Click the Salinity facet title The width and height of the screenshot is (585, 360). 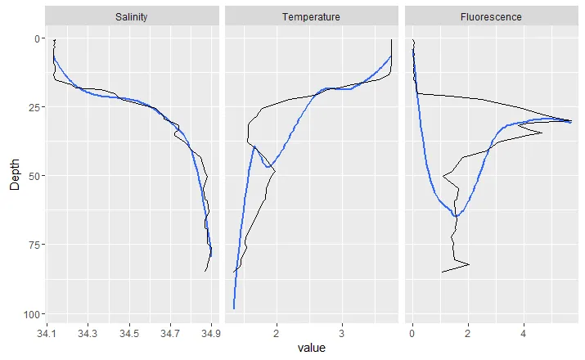(133, 16)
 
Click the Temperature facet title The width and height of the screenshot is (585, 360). (311, 16)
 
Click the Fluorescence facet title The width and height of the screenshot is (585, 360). (491, 16)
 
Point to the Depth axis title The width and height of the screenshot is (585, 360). (15, 176)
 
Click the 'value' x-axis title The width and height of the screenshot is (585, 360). (311, 349)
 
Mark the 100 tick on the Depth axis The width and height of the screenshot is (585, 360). (28, 314)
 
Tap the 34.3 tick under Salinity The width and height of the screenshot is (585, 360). (88, 333)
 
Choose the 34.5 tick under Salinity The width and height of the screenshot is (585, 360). (129, 333)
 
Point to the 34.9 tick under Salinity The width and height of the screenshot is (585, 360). (211, 333)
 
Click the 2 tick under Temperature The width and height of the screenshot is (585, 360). (277, 333)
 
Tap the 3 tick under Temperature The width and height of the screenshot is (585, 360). (342, 333)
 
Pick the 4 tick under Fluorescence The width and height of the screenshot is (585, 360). (523, 333)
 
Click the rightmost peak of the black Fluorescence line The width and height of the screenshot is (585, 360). (571, 121)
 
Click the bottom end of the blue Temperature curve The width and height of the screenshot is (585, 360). (234, 308)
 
